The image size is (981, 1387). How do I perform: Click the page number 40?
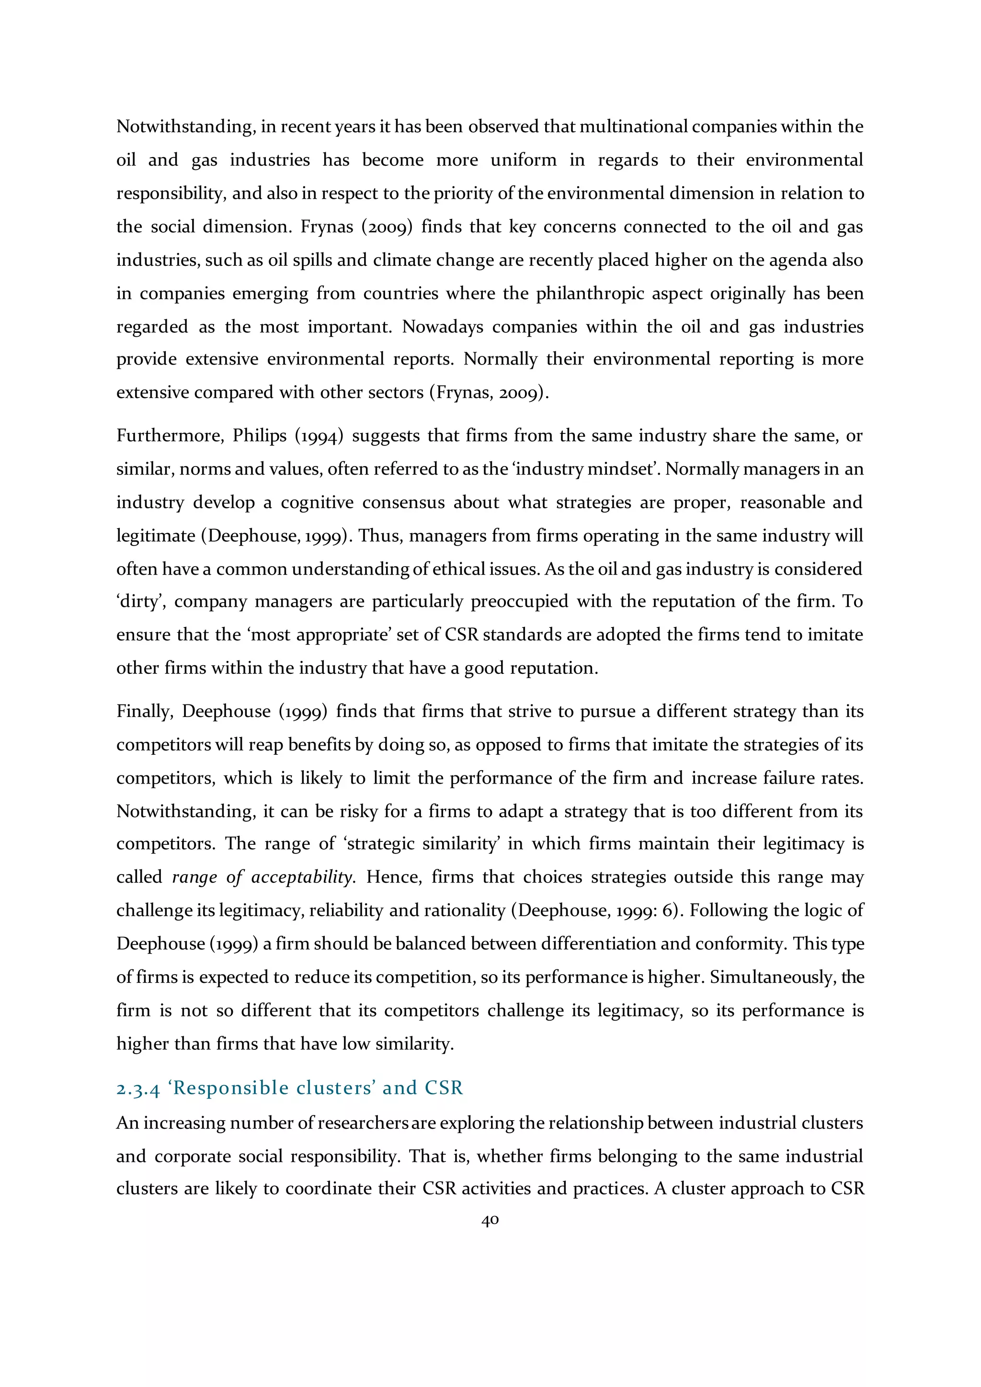[490, 1220]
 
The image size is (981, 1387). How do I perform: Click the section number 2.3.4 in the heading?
[138, 1089]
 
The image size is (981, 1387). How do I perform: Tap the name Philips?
[260, 435]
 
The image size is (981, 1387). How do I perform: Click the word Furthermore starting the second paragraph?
[170, 435]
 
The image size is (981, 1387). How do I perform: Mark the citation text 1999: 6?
[643, 910]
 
